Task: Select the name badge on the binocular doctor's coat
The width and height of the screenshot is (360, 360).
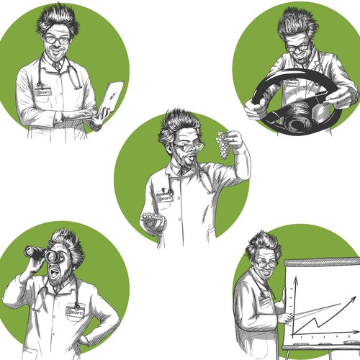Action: point(74,311)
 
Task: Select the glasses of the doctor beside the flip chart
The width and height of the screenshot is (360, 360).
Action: point(266,264)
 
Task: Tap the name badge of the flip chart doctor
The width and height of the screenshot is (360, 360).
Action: point(264,302)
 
